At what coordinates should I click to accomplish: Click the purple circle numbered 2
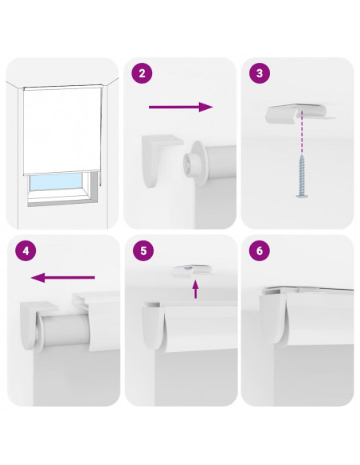pyautogui.click(x=142, y=73)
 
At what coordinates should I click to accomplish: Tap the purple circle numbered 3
pyautogui.click(x=260, y=73)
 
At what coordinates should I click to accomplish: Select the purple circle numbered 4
pyautogui.click(x=25, y=251)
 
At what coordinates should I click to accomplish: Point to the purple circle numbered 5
pyautogui.click(x=143, y=251)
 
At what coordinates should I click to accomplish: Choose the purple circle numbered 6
pyautogui.click(x=260, y=251)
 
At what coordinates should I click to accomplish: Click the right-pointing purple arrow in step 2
pyautogui.click(x=181, y=107)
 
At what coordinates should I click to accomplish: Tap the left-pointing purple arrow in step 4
pyautogui.click(x=63, y=278)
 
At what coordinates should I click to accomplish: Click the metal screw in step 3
pyautogui.click(x=302, y=176)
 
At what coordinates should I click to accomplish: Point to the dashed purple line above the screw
pyautogui.click(x=302, y=132)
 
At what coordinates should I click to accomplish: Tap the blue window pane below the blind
pyautogui.click(x=56, y=182)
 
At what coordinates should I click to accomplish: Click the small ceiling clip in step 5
pyautogui.click(x=192, y=271)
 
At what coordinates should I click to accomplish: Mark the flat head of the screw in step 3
pyautogui.click(x=302, y=195)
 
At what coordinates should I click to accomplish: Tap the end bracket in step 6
pyautogui.click(x=273, y=318)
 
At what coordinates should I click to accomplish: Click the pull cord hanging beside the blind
pyautogui.click(x=101, y=136)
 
